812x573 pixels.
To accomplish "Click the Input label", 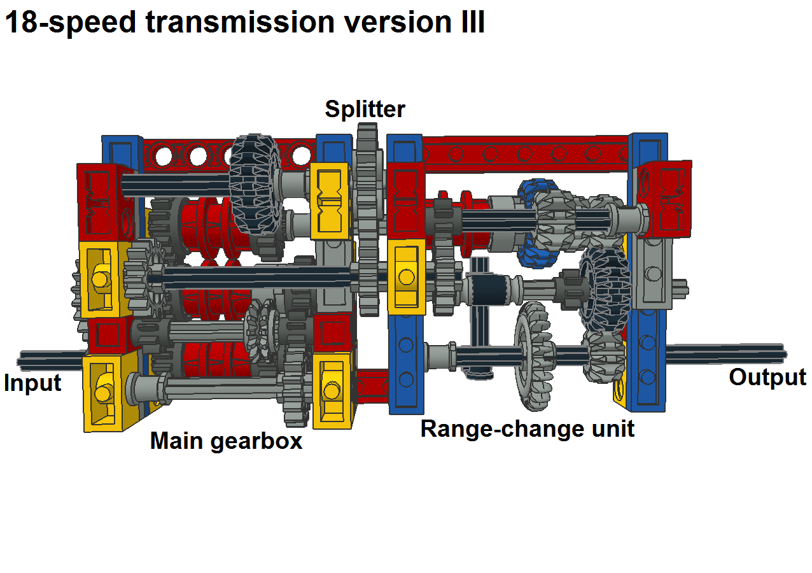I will point(32,383).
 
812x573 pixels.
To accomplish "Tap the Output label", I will point(767,377).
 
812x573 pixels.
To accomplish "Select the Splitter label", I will point(365,109).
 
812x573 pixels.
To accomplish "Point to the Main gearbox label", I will point(226,441).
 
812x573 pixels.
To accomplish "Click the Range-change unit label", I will point(528,428).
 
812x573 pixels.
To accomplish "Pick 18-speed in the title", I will point(69,22).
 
